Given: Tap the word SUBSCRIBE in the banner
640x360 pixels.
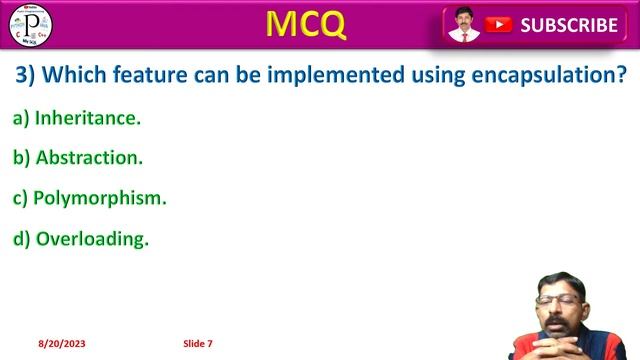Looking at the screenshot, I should click(x=568, y=26).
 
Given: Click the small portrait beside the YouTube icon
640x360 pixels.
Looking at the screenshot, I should click(x=463, y=25).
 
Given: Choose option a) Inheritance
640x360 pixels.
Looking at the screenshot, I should click(x=77, y=118).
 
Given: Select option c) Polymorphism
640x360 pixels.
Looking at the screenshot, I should click(x=89, y=198).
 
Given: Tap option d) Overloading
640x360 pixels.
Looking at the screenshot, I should click(x=81, y=238).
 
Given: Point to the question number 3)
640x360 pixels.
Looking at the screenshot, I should click(x=27, y=75).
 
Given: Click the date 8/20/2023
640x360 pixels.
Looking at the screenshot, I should click(x=62, y=344).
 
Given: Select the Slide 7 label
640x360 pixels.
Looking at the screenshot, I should click(x=198, y=344).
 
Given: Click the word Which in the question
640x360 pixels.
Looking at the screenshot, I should click(x=79, y=75).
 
